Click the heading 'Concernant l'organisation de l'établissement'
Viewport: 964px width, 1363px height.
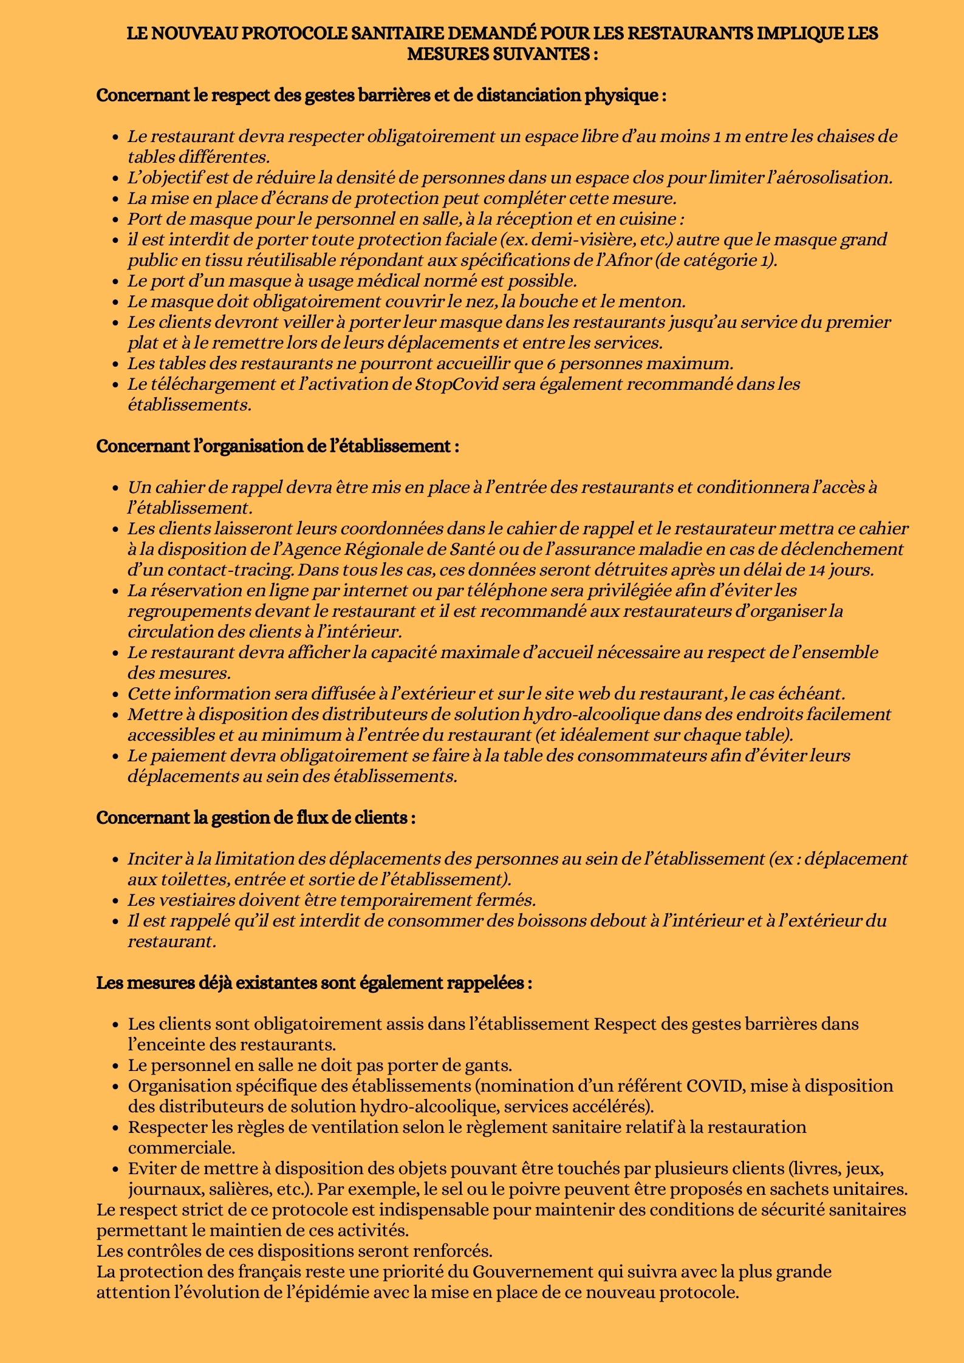click(277, 446)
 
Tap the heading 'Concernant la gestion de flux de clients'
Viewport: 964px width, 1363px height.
click(256, 818)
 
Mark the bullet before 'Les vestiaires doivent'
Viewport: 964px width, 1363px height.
click(115, 901)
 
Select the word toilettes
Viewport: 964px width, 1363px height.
click(190, 880)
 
